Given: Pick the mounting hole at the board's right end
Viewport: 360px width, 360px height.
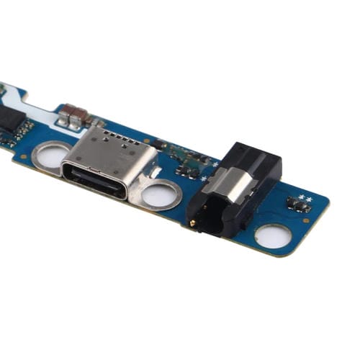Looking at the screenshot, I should [274, 235].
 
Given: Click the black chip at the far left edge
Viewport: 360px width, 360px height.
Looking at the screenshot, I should [7, 119].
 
